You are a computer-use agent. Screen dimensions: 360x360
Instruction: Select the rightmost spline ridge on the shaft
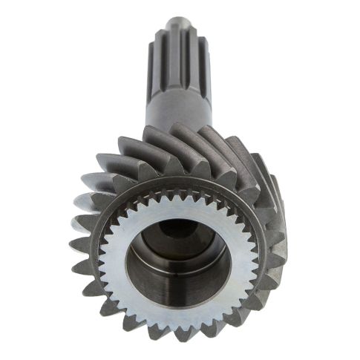tap(199, 63)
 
